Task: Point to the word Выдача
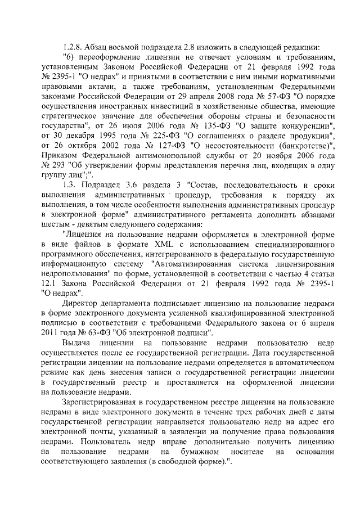(x=76, y=344)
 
